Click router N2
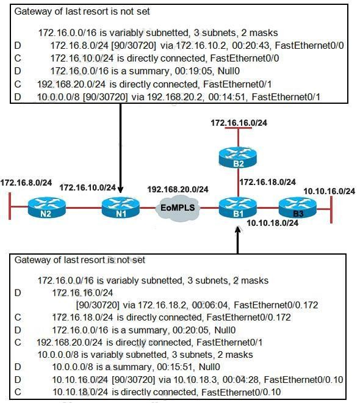47,208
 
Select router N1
121,208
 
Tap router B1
238,208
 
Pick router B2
238,158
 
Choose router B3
298,208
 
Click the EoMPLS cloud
178,208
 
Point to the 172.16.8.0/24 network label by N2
26,183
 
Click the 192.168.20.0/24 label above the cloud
178,189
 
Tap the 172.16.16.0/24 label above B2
239,123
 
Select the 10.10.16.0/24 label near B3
329,191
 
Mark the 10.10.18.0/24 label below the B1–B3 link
272,223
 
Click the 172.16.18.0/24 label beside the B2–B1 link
268,182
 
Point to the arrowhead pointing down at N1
120,190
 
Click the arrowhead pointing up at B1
238,230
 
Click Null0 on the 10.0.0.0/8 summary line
209,367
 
